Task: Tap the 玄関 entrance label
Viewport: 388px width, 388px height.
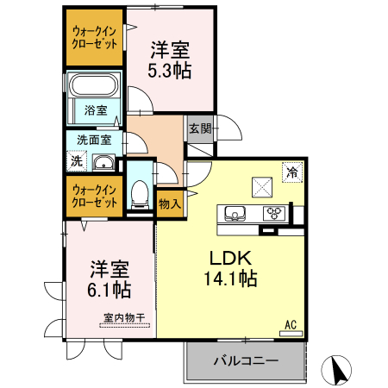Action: click(199, 129)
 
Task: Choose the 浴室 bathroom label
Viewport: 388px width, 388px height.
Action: click(97, 110)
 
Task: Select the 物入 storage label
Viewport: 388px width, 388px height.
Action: click(170, 203)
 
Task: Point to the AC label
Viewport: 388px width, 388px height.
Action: click(291, 324)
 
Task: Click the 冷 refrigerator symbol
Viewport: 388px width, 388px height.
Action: click(292, 171)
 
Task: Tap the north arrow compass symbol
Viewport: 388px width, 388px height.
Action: click(339, 370)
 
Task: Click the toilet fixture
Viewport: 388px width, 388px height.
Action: click(138, 193)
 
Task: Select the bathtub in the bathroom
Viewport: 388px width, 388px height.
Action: click(94, 87)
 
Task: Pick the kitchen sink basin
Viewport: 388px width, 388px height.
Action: click(235, 214)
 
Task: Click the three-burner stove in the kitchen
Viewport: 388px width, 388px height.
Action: click(274, 214)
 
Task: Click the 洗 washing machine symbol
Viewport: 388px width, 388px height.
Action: click(77, 160)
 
